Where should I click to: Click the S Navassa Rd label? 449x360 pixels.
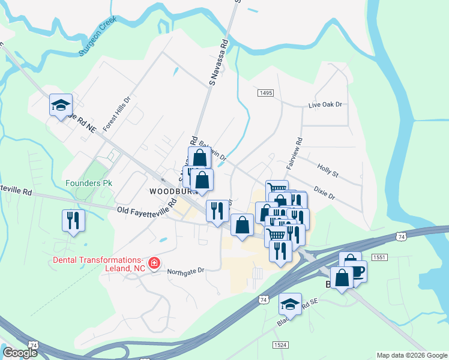pyautogui.click(x=218, y=62)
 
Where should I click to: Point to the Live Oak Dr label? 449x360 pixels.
pyautogui.click(x=324, y=104)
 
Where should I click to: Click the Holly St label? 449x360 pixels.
pyautogui.click(x=328, y=171)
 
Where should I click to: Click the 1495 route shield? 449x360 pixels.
pyautogui.click(x=267, y=93)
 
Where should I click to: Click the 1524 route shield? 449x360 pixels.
pyautogui.click(x=279, y=344)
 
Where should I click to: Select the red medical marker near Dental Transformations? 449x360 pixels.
pyautogui.click(x=154, y=263)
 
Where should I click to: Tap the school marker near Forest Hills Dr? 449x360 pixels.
pyautogui.click(x=61, y=106)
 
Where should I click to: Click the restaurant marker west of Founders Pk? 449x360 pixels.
pyautogui.click(x=73, y=220)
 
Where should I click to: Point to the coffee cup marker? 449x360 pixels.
pyautogui.click(x=355, y=271)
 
